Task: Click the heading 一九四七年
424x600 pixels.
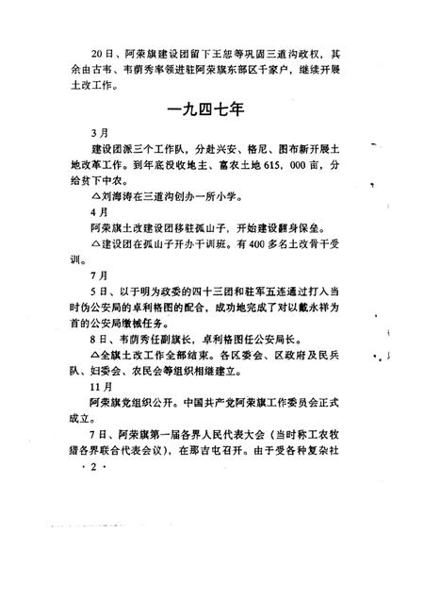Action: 211,111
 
